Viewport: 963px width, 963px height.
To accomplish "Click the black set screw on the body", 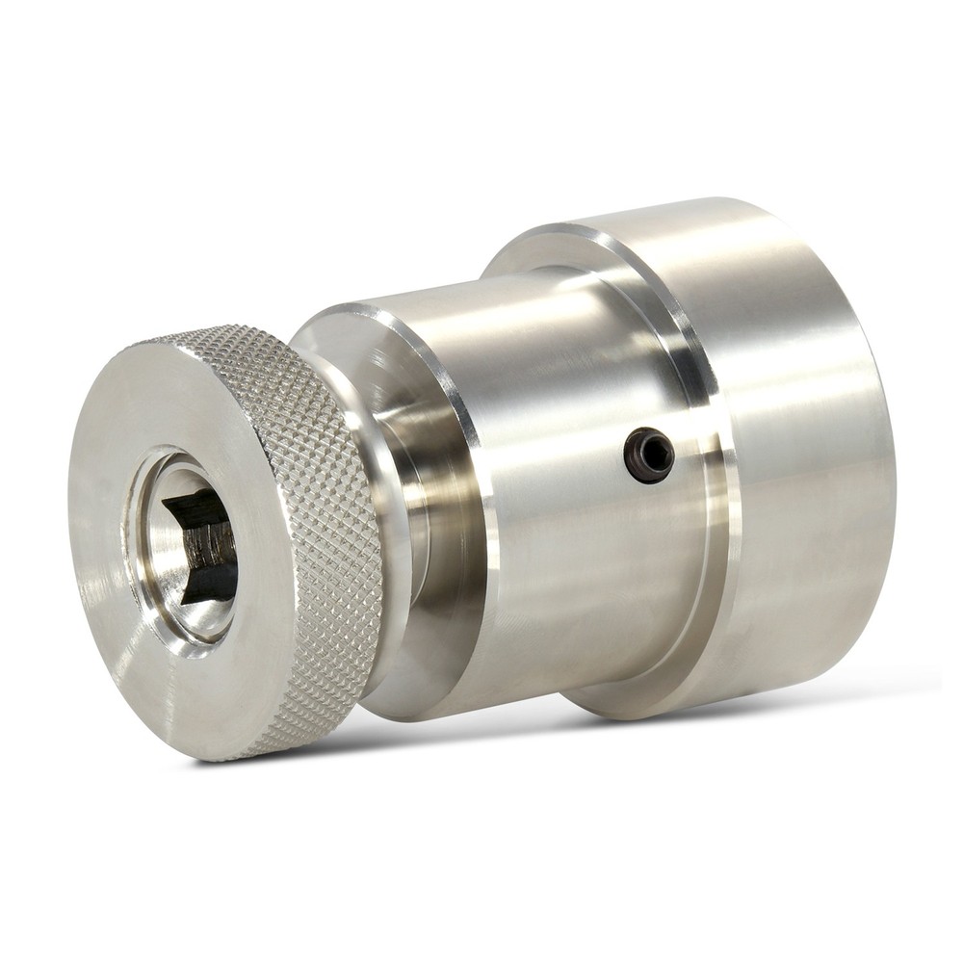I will point(648,455).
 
